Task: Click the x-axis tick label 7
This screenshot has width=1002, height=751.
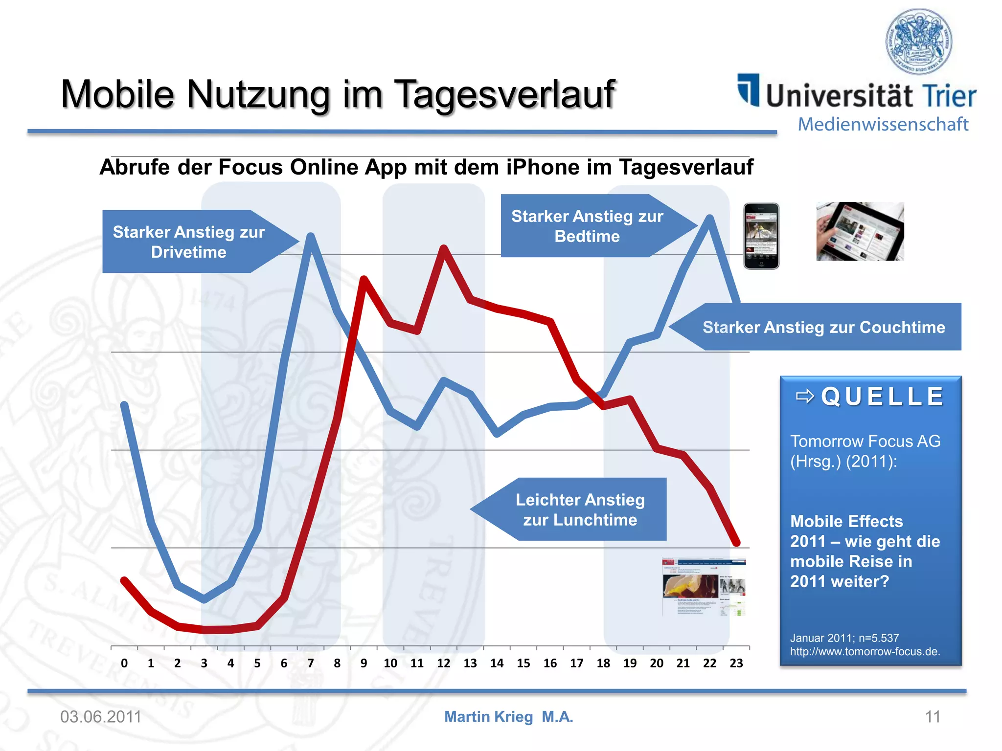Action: point(310,663)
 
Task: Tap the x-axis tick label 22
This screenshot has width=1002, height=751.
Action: point(709,663)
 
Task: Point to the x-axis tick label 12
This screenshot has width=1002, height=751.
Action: point(443,663)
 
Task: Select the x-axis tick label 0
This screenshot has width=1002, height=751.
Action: point(124,663)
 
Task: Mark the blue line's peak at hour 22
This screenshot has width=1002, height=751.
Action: point(709,218)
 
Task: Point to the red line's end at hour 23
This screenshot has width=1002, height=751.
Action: point(736,543)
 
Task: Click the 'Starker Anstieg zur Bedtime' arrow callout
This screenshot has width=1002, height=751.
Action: point(587,226)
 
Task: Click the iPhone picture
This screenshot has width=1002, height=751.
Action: point(761,236)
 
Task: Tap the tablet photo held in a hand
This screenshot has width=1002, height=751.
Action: point(860,231)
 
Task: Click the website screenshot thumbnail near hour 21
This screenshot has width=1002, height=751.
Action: point(704,587)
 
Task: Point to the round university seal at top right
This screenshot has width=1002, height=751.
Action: point(919,41)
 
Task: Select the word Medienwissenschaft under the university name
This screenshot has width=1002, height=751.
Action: point(883,124)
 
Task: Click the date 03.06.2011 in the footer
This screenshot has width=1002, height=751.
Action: point(101,717)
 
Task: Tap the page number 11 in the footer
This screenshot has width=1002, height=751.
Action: point(933,717)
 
